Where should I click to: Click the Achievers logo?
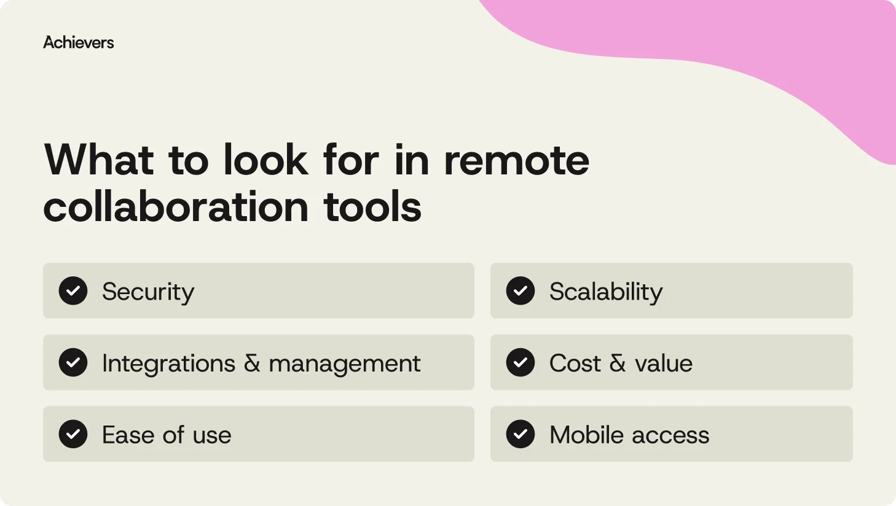coord(79,42)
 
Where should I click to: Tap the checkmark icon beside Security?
coord(73,291)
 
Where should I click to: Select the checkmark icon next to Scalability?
coord(521,291)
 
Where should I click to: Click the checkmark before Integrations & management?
coord(73,363)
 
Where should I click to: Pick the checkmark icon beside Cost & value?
coord(521,363)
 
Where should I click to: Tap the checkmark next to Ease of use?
coord(73,434)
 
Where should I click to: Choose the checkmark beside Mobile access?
coord(521,434)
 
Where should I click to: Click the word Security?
coord(148,292)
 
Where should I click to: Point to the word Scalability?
coord(606,292)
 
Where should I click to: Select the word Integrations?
coord(168,364)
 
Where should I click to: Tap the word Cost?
coord(575,364)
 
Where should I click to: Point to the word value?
coord(664,364)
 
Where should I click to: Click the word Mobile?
coord(587,435)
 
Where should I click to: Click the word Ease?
coord(128,435)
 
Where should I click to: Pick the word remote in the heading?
coord(516,160)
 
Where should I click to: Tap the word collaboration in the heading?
coord(176,207)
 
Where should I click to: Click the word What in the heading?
coord(98,160)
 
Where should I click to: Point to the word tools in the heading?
coord(372,207)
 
